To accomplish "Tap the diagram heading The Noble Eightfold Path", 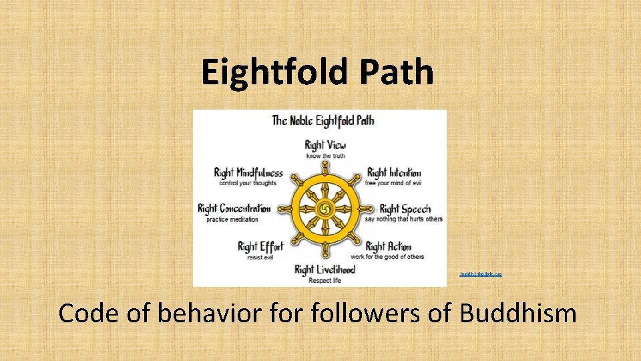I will tap(323, 121).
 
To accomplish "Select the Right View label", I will tap(325, 144).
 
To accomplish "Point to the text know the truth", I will tap(325, 156).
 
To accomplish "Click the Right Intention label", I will tap(394, 173).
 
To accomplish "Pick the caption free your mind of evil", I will tap(393, 183).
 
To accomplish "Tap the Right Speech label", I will tap(405, 209).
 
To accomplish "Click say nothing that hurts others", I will tap(403, 219).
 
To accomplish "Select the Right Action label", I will tap(388, 247).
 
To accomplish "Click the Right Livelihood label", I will tap(325, 270).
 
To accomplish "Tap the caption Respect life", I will tap(325, 281).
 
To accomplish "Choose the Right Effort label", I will tap(260, 247).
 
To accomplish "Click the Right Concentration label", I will tap(234, 209).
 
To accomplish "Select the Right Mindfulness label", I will tap(248, 173).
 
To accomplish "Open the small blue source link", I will tap(480, 274).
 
